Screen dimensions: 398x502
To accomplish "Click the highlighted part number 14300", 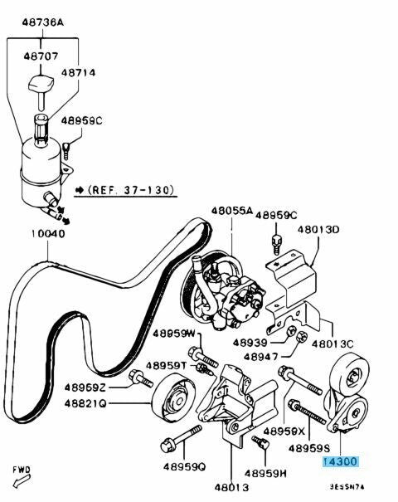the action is tap(341, 461).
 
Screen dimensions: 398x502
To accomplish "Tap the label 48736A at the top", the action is tap(43, 22).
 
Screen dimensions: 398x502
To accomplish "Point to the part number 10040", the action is tap(48, 233).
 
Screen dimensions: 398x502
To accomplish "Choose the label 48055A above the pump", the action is tap(231, 210).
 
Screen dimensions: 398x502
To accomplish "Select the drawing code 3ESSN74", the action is tap(347, 487).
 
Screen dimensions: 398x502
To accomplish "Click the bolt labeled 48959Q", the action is tap(181, 438).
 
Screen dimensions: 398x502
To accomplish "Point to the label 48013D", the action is tap(318, 230).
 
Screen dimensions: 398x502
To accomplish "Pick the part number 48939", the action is tap(250, 343).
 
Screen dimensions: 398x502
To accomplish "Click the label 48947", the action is tap(260, 356).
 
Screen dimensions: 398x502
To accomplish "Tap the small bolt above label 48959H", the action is tap(260, 443).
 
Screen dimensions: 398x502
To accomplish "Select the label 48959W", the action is tap(174, 334).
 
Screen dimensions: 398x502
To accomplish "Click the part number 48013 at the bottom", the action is tap(231, 487).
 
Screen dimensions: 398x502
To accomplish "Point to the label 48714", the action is tap(79, 73).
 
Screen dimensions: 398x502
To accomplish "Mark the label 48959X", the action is tap(284, 431).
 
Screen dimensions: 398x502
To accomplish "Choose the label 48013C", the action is tap(332, 344).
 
